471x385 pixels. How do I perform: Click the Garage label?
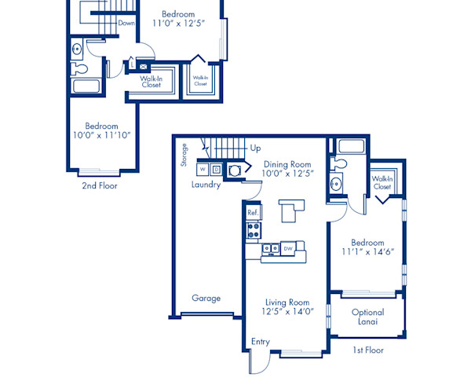point(206,298)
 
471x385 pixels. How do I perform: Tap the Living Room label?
point(287,302)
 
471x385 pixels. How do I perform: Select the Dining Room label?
point(287,163)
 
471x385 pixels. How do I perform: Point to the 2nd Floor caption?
point(100,186)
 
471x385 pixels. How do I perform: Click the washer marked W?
point(202,168)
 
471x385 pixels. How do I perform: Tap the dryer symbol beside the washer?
point(217,168)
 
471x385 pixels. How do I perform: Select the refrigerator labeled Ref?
point(253,212)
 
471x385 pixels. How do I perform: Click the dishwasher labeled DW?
point(289,248)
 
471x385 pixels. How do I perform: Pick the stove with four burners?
point(254,230)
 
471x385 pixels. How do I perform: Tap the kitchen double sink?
point(270,249)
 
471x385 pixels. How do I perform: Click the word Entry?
point(260,342)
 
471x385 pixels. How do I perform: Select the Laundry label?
point(206,185)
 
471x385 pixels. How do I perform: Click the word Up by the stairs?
point(255,148)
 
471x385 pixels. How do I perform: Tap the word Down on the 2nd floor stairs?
point(126,24)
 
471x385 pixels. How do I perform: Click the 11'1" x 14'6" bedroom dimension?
point(367,252)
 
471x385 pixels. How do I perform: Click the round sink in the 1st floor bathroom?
point(337,185)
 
